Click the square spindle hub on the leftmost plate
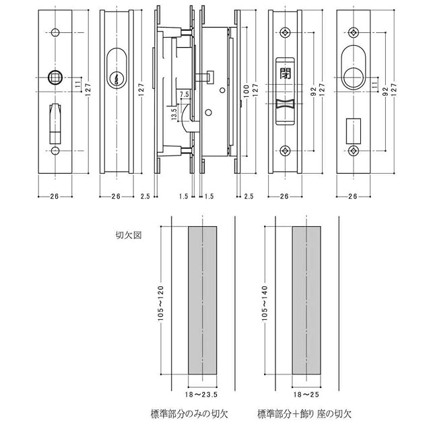point(55,78)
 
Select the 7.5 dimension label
point(185,94)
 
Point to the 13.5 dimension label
point(174,114)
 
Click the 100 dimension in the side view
point(246,91)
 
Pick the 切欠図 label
point(129,235)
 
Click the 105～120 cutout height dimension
point(160,303)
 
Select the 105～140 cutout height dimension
point(265,303)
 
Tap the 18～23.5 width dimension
point(201,395)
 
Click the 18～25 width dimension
point(306,395)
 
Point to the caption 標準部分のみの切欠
point(189,414)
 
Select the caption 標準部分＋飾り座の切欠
point(304,414)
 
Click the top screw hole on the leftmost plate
point(55,33)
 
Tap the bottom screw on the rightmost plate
point(354,151)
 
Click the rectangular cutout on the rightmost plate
point(354,131)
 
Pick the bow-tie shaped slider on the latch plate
point(285,104)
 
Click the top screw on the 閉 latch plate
point(285,33)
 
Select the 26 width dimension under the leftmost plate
point(55,196)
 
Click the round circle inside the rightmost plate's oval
point(354,77)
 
